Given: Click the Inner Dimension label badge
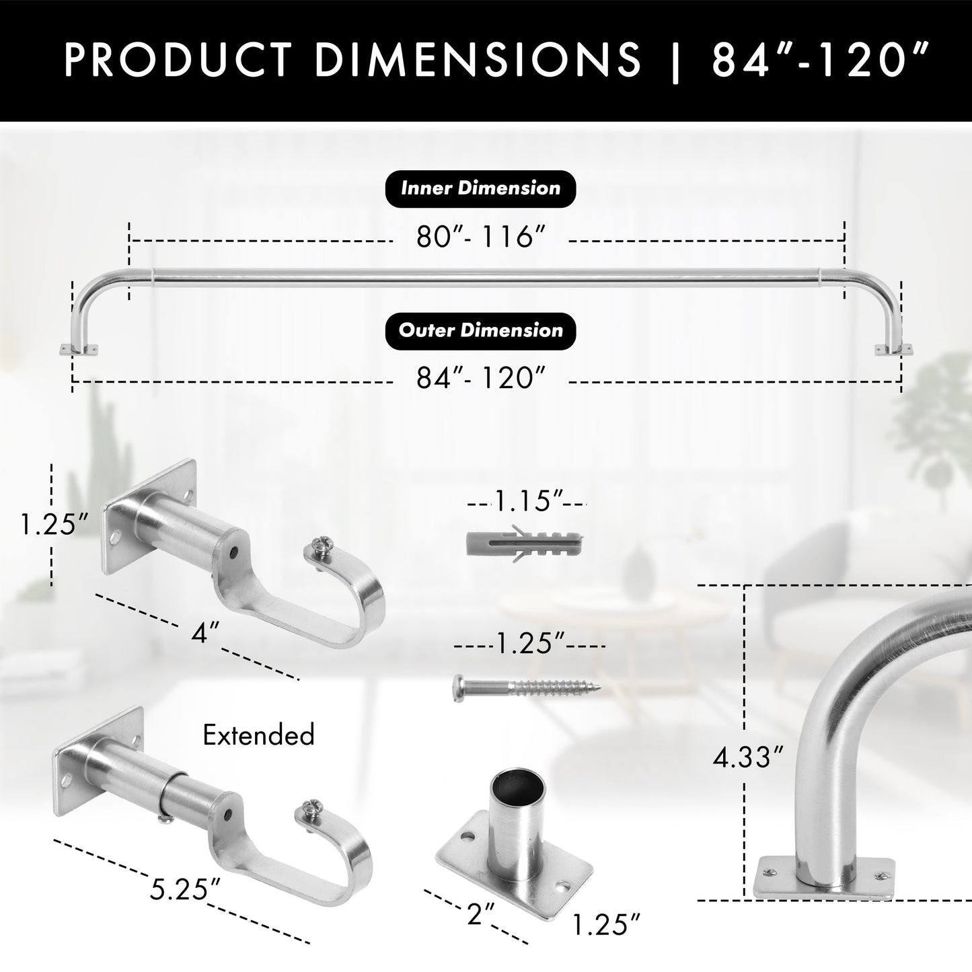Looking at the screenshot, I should (480, 188).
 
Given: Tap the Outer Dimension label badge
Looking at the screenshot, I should (480, 331).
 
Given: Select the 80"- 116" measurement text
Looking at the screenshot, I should (480, 237).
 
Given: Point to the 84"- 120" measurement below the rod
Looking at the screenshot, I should (480, 379).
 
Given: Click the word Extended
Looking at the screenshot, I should (258, 735).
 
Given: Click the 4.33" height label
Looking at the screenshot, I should (749, 758).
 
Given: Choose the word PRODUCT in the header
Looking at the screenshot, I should (178, 60).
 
